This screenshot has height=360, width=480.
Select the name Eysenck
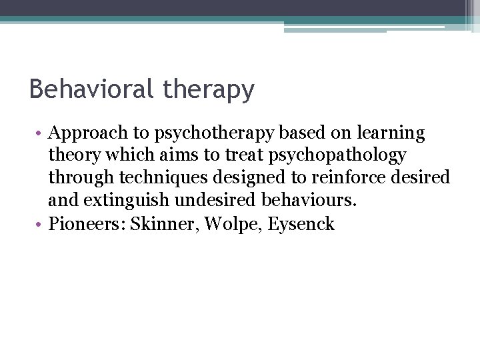point(301,223)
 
